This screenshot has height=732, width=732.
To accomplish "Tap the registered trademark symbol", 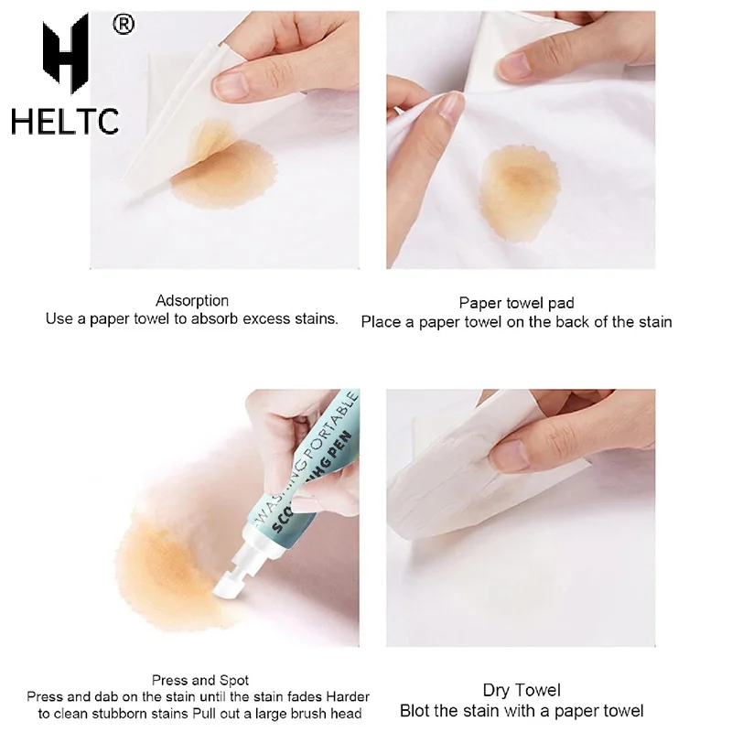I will (x=123, y=25).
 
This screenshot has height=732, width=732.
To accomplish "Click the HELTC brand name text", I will (x=65, y=121).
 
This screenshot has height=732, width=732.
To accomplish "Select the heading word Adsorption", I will (x=192, y=300).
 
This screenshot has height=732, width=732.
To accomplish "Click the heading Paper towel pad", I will (x=516, y=303).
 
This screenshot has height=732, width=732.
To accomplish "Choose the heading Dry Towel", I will (x=522, y=690).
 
